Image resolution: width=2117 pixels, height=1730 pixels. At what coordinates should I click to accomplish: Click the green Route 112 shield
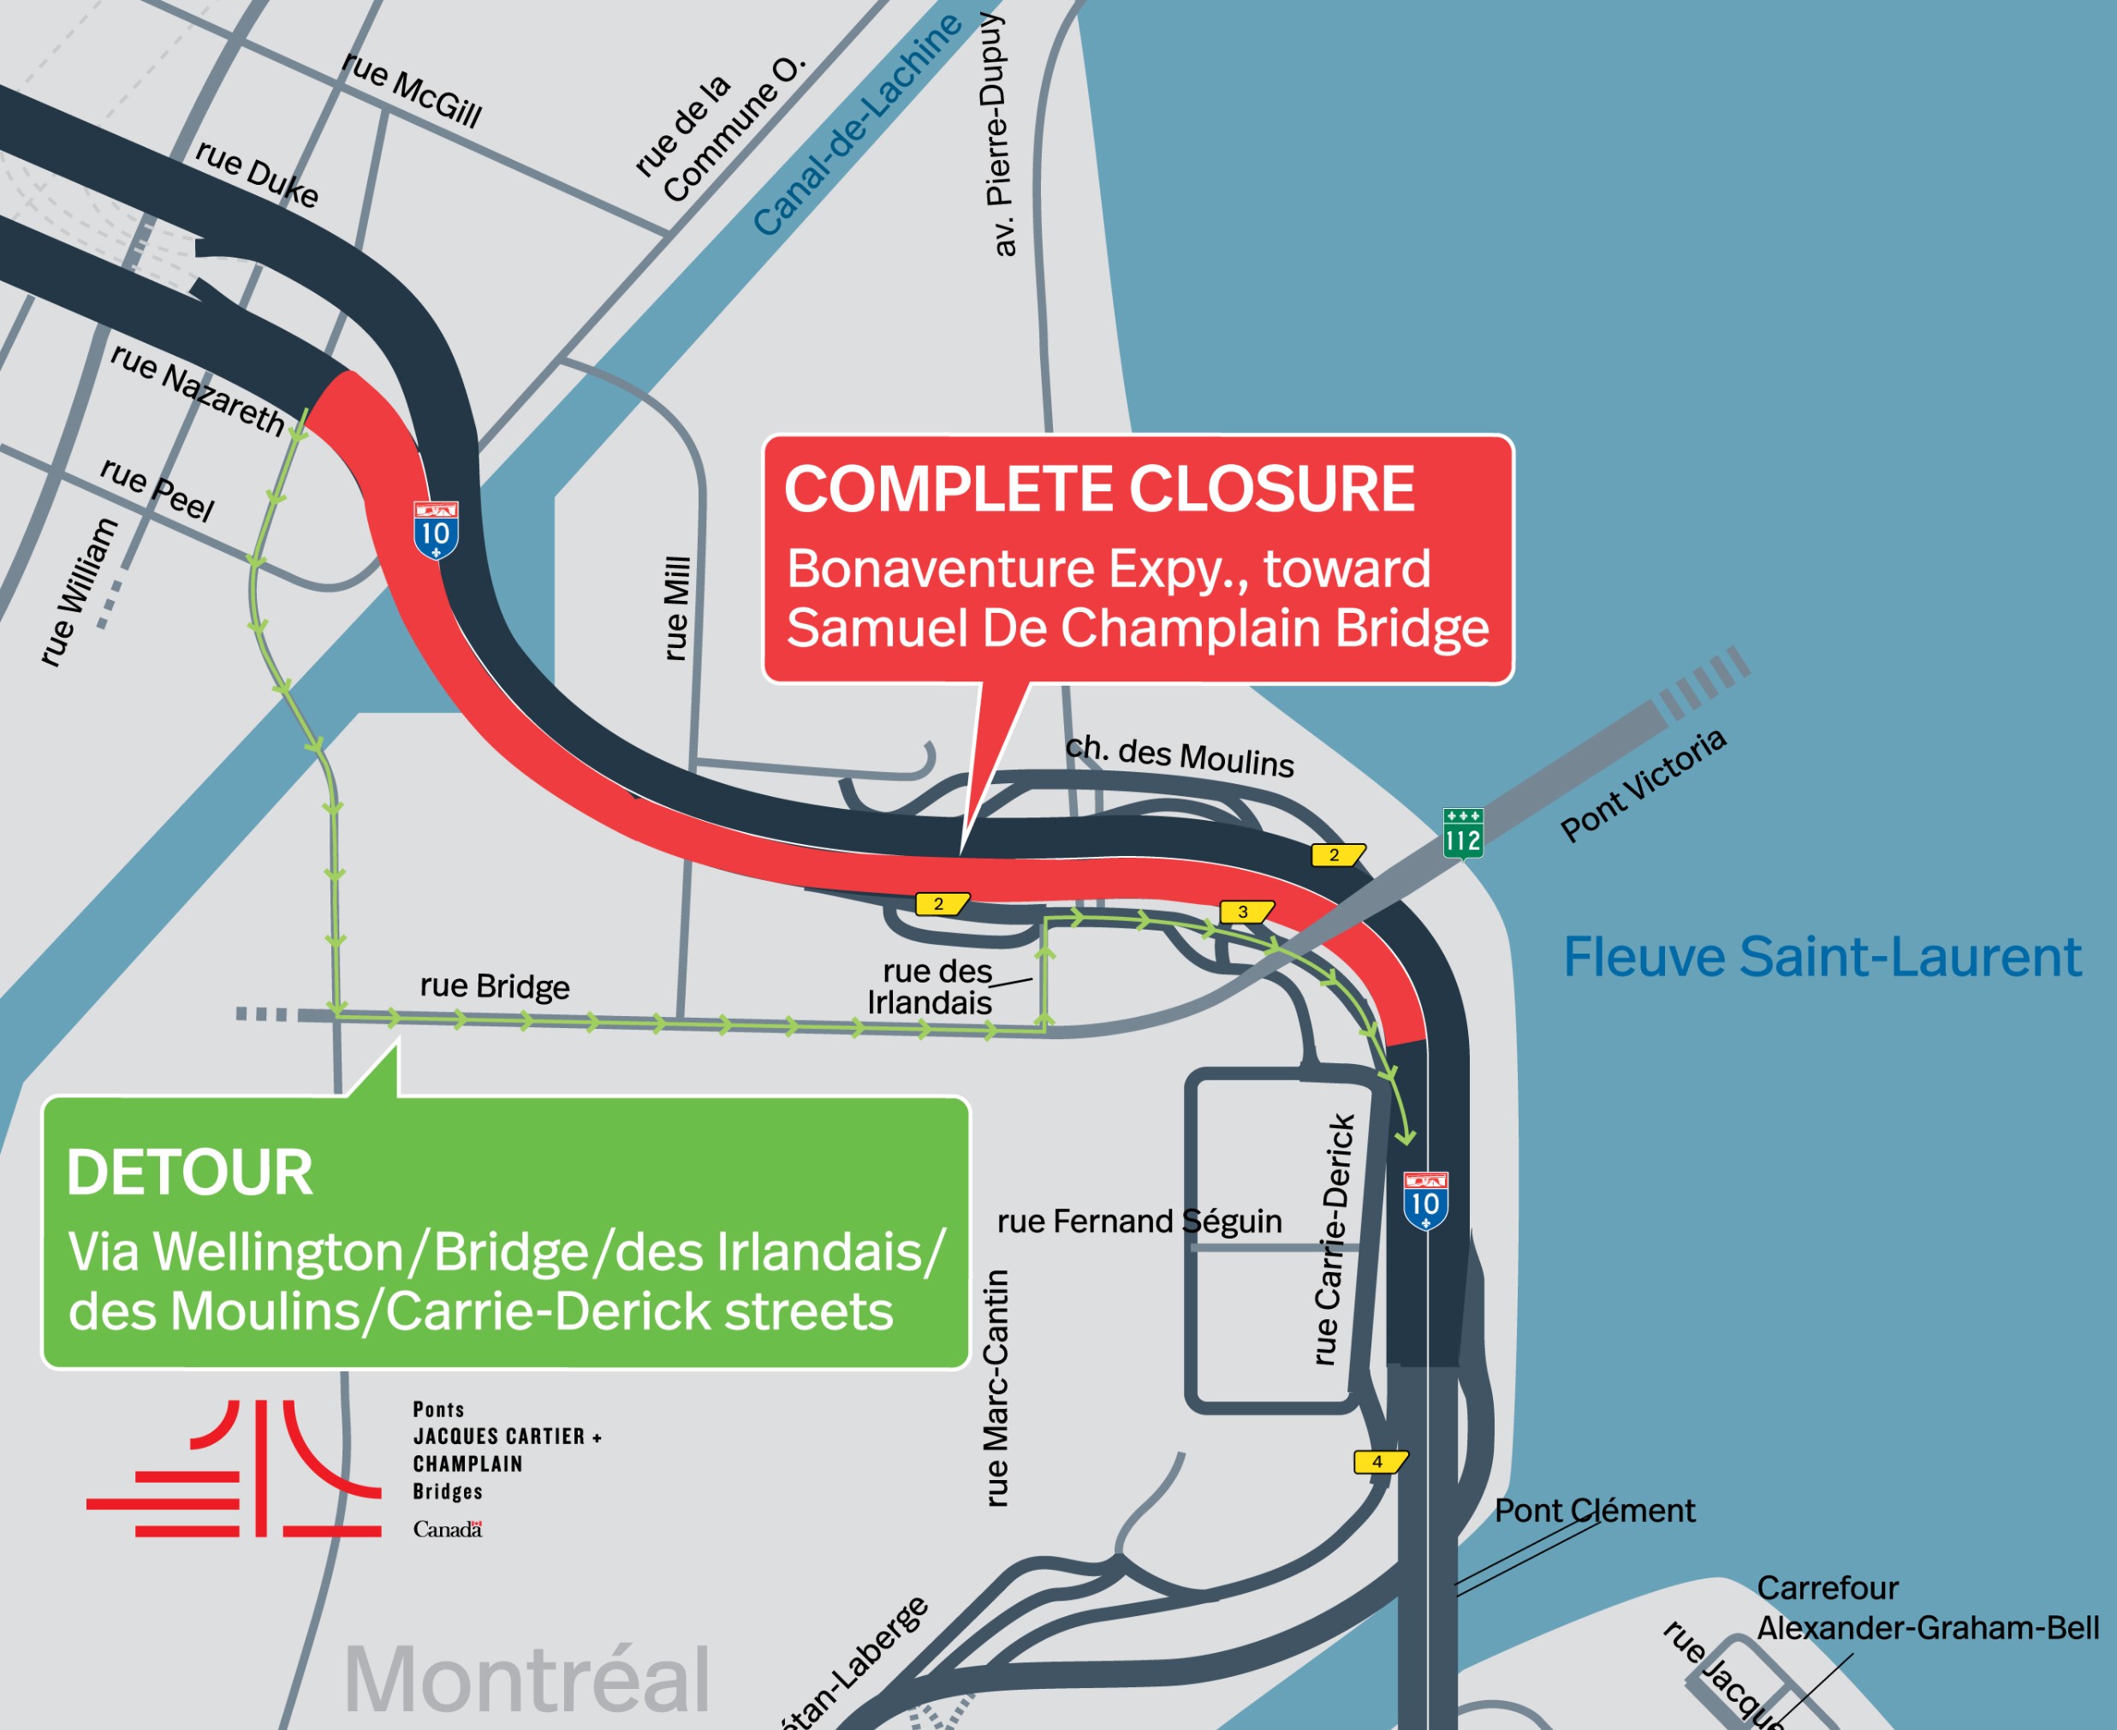(x=1462, y=833)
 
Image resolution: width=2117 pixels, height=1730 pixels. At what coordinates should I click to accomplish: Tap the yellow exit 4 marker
(x=1379, y=1462)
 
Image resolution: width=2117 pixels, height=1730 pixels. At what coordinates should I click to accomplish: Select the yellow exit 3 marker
(x=1245, y=912)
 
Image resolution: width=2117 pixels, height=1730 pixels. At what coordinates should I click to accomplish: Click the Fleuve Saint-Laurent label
(x=1821, y=958)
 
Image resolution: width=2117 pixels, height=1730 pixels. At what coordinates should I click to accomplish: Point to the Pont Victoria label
(x=1643, y=784)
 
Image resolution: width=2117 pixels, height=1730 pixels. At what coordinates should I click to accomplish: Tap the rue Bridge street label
(x=494, y=985)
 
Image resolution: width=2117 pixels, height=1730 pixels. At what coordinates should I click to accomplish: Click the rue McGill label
(x=412, y=90)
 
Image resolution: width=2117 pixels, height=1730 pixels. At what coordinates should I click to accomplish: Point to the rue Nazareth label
(x=198, y=389)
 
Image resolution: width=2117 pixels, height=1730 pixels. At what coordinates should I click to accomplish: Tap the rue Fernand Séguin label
(x=1139, y=1222)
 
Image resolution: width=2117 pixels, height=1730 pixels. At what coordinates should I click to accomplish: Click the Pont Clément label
(x=1594, y=1511)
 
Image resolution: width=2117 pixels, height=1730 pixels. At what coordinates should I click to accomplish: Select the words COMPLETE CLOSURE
(x=1098, y=490)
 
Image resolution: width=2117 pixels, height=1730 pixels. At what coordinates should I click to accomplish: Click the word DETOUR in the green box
(x=189, y=1173)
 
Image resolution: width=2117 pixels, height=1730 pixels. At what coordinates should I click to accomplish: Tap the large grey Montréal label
(x=526, y=1679)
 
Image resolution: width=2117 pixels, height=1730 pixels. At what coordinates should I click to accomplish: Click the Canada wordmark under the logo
(x=448, y=1530)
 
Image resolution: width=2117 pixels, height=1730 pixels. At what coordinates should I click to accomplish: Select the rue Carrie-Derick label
(x=1334, y=1239)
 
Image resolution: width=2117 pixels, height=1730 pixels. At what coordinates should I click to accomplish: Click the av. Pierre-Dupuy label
(x=997, y=134)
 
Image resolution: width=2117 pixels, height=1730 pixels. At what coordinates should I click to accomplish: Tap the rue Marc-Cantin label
(x=996, y=1388)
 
